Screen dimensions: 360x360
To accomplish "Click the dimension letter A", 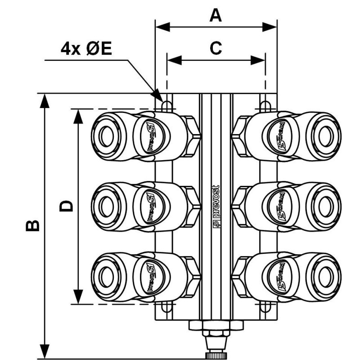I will (x=216, y=15).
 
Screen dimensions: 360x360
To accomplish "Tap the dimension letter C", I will (x=216, y=48).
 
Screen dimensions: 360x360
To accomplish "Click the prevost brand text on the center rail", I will (x=216, y=205).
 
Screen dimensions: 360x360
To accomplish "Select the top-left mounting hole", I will (x=166, y=105).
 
